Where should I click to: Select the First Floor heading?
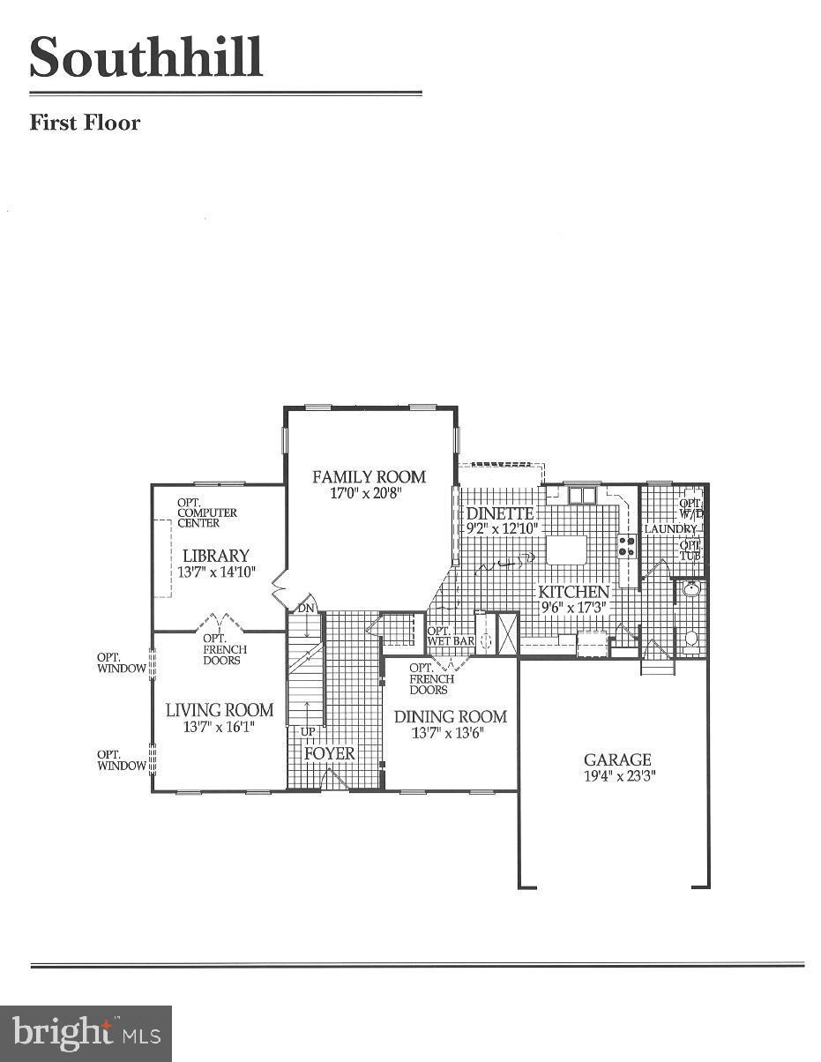pyautogui.click(x=85, y=123)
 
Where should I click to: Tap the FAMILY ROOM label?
pyautogui.click(x=369, y=477)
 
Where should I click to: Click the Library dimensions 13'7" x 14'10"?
pyautogui.click(x=216, y=572)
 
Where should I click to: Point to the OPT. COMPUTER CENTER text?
pyautogui.click(x=206, y=512)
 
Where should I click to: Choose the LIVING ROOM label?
pyautogui.click(x=220, y=710)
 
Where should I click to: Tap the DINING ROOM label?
pyautogui.click(x=450, y=716)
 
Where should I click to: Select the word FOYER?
pyautogui.click(x=330, y=753)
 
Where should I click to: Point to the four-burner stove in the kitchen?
pyautogui.click(x=627, y=546)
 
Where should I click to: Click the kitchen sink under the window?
pyautogui.click(x=582, y=495)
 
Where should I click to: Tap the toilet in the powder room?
pyautogui.click(x=691, y=638)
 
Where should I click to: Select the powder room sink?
pyautogui.click(x=690, y=588)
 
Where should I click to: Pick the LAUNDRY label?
pyautogui.click(x=670, y=529)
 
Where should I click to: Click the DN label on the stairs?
pyautogui.click(x=305, y=608)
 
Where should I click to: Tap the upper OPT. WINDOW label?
pyautogui.click(x=121, y=662)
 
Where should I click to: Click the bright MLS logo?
pyautogui.click(x=86, y=1033)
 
